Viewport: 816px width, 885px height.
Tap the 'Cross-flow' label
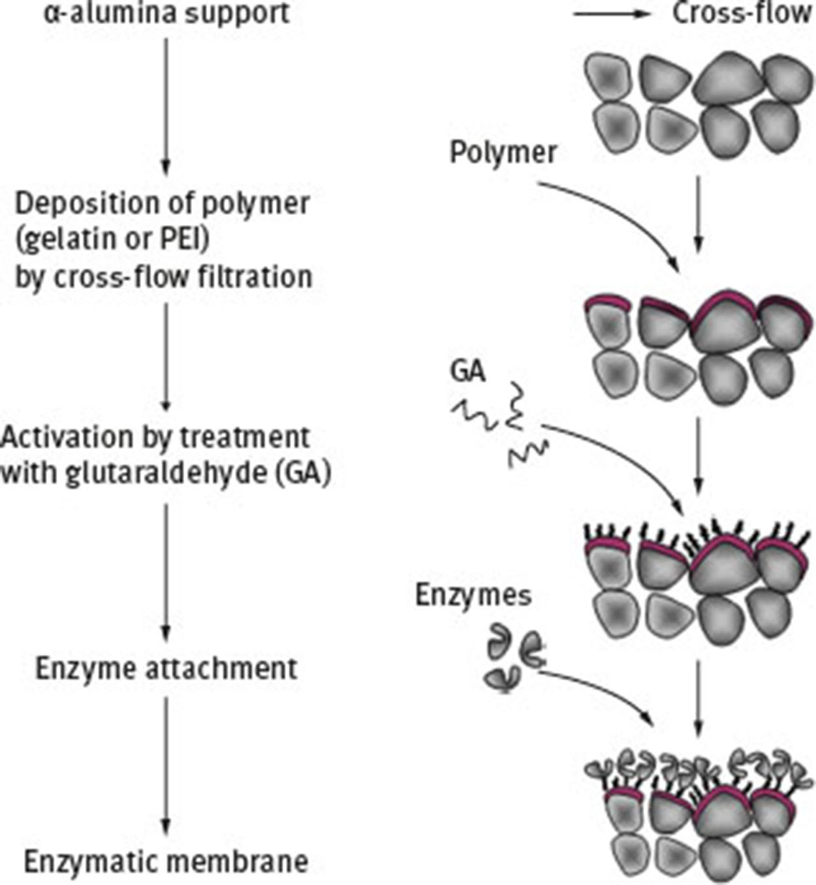742,13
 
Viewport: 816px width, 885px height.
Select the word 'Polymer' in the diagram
503,153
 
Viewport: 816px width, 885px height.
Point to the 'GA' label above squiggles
467,371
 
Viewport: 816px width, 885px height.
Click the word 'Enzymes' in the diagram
473,595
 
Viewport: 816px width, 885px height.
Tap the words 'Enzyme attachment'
166,669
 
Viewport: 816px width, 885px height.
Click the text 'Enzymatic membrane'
166,861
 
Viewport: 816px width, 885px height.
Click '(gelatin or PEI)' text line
112,240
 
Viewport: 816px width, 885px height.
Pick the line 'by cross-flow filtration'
164,276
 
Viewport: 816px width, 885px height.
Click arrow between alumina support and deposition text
166,105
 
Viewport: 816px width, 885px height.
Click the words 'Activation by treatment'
155,436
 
